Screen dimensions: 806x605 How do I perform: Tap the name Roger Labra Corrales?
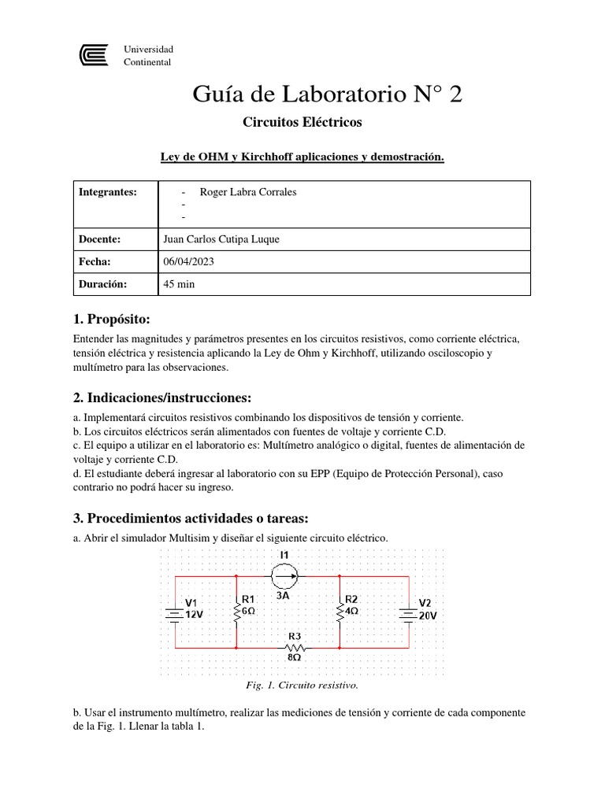coord(248,192)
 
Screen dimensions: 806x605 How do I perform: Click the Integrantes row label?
coord(108,192)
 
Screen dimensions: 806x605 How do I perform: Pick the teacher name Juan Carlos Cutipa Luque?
coord(221,239)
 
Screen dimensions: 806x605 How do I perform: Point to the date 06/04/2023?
coord(187,261)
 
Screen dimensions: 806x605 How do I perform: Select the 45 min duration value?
coord(178,284)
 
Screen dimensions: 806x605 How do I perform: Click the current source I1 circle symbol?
coord(284,578)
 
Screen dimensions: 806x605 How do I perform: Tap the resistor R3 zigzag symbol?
coord(295,648)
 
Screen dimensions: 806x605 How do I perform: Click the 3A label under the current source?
coord(284,597)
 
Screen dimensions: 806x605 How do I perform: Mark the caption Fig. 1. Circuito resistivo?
coord(302,685)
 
